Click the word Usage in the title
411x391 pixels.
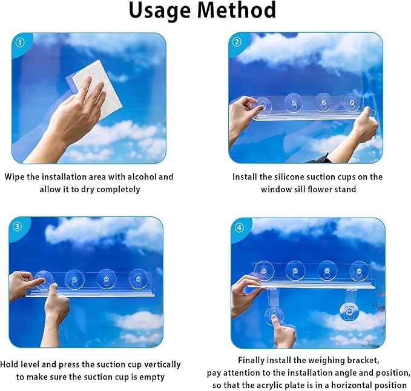pos(160,11)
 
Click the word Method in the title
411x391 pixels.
pos(236,10)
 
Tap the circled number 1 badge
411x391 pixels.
pos(20,43)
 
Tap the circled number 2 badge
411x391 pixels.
pos(237,42)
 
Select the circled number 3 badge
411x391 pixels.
pos(18,226)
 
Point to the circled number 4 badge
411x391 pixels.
pos(239,227)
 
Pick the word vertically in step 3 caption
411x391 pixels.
pos(162,365)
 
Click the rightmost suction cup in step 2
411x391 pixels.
pos(352,103)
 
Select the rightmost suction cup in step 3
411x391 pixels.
pos(138,279)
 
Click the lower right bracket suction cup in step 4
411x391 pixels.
pos(349,312)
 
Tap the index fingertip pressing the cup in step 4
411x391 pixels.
pos(274,317)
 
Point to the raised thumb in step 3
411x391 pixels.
pos(54,292)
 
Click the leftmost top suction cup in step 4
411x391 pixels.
pos(264,271)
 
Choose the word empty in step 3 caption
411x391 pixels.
pos(152,377)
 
